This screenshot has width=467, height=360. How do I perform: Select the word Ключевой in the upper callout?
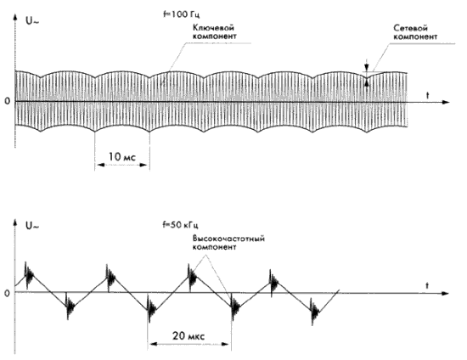click(213, 28)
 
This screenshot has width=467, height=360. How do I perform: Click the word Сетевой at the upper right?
click(410, 28)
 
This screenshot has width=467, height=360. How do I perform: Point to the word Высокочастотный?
click(228, 239)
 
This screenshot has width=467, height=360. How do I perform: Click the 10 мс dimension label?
click(121, 156)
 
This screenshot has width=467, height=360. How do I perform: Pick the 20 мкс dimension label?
click(188, 336)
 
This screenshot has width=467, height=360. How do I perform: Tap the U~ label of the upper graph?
click(32, 21)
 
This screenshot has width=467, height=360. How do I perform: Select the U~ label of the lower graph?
click(32, 226)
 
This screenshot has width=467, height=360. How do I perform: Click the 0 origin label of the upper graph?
click(8, 101)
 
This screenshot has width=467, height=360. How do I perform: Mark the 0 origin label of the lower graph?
click(7, 293)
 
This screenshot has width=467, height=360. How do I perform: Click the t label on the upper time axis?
click(428, 96)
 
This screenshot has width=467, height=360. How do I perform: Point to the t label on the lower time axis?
click(427, 286)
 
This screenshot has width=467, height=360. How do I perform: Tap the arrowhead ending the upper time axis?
click(445, 102)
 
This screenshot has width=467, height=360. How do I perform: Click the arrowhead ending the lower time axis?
click(445, 293)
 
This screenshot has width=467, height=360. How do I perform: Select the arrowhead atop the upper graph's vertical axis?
click(14, 16)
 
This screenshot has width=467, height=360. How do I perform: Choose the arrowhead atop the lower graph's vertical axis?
click(14, 222)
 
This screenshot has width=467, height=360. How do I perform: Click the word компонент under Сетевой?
click(415, 37)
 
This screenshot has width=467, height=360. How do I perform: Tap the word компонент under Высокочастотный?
click(214, 247)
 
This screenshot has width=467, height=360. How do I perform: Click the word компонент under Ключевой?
click(215, 37)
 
